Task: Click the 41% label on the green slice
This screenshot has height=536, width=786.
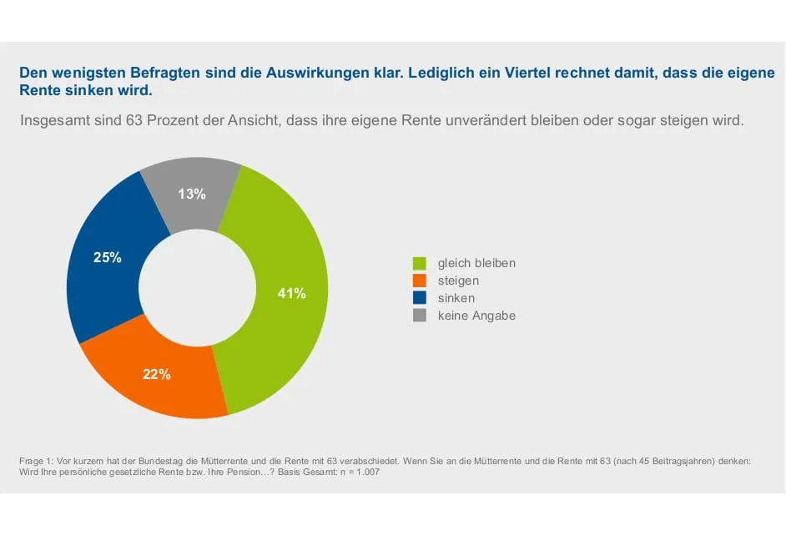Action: click(291, 293)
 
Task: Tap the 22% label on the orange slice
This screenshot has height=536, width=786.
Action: click(157, 375)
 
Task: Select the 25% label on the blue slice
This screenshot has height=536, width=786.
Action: click(108, 258)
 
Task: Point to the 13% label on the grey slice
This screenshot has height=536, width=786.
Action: click(191, 194)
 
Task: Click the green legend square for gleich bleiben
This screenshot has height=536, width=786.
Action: click(420, 263)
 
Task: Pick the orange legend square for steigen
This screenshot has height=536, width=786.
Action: click(420, 281)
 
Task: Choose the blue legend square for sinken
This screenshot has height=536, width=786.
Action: click(420, 298)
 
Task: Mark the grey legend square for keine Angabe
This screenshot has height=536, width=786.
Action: click(420, 316)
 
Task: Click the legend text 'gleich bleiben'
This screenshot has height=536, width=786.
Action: click(476, 263)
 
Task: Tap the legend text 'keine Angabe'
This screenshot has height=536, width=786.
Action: click(476, 316)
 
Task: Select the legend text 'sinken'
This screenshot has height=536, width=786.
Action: click(456, 298)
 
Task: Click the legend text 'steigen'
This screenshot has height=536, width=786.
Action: click(458, 281)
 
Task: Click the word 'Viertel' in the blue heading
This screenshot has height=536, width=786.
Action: click(513, 73)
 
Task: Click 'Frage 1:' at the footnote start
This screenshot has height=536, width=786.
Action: click(36, 461)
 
